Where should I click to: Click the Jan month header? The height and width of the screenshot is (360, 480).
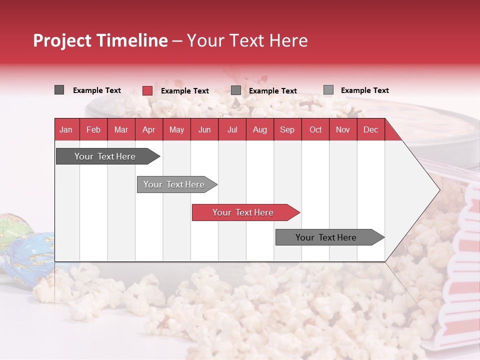(x=66, y=129)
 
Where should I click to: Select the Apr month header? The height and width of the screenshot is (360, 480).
(x=148, y=129)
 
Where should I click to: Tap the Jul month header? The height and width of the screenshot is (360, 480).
(x=232, y=129)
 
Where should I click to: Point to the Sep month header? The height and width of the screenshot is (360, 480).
(x=287, y=129)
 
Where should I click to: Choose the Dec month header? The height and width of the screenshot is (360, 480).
(x=370, y=129)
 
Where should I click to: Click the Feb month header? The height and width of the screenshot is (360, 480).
(x=93, y=129)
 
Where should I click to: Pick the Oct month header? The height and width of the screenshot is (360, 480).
(x=315, y=129)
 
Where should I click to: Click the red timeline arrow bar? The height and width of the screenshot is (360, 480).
(x=245, y=212)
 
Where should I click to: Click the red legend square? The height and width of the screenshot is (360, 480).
(x=147, y=90)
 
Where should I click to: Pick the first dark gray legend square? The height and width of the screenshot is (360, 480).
(x=59, y=90)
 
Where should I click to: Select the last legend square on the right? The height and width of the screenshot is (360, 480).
(x=328, y=90)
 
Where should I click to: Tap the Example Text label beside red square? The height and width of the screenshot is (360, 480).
(x=185, y=91)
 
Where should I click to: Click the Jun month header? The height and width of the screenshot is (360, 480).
(x=204, y=129)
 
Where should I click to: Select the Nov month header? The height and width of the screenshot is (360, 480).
(x=343, y=129)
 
